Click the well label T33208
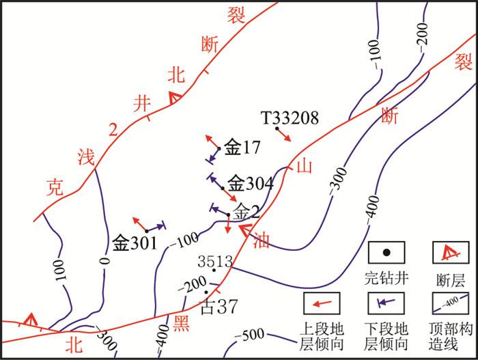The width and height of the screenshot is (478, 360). click(x=290, y=118)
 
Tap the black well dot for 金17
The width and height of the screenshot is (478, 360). click(x=219, y=148)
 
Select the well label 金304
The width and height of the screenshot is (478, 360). click(x=250, y=183)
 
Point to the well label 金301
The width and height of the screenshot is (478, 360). click(x=135, y=243)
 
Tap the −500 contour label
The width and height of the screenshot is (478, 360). click(x=250, y=337)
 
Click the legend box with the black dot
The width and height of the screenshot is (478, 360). click(x=386, y=253)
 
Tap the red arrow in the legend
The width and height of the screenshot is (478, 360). click(x=324, y=301)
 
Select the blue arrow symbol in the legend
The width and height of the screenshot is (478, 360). click(x=386, y=301)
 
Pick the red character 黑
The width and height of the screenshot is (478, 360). click(x=180, y=324)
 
